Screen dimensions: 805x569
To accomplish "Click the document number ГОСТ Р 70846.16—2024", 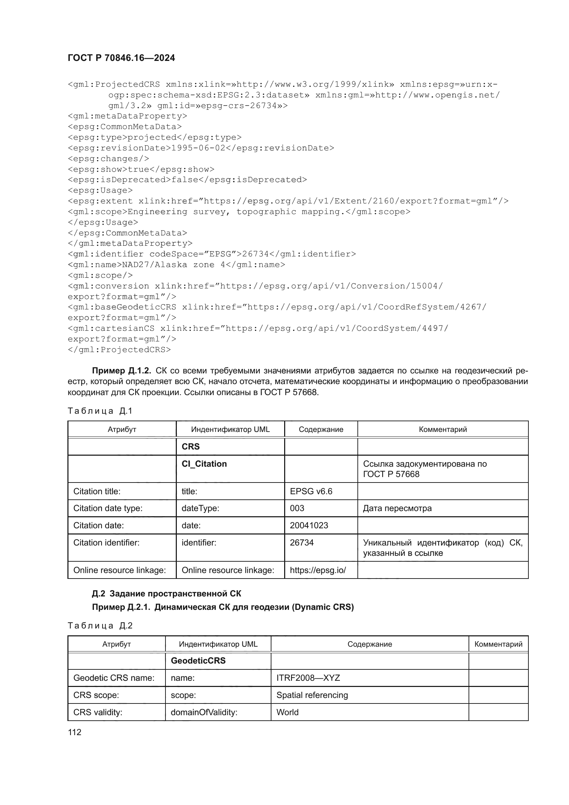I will [121, 58].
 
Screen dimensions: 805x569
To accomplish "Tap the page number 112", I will [75, 732].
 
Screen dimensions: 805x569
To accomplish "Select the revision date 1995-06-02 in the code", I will [198, 148].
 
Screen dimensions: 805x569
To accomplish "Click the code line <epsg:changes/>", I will [108, 159].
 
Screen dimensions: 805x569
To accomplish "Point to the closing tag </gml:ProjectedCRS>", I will [119, 350].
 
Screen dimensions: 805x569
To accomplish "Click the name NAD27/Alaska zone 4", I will [173, 265].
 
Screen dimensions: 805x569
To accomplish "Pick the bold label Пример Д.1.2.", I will [121, 371].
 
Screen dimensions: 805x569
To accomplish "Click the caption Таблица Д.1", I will [100, 411].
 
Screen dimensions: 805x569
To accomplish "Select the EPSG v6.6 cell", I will [311, 491].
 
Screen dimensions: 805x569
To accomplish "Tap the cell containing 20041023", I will [309, 525].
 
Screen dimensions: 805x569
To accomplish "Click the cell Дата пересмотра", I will [397, 508].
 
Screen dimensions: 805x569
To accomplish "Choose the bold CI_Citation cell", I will [204, 464].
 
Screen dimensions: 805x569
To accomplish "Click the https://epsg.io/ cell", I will [318, 570].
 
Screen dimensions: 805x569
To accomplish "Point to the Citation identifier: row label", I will [106, 543].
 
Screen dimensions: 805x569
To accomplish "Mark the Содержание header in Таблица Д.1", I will [321, 430].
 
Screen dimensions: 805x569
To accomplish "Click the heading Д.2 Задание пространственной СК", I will [167, 594].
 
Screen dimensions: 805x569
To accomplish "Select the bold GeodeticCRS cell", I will [198, 660].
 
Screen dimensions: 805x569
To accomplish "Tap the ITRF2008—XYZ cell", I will [308, 678].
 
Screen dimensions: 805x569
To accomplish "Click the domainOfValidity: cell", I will [204, 712].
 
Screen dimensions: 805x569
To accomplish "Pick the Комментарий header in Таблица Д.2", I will [498, 644].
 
